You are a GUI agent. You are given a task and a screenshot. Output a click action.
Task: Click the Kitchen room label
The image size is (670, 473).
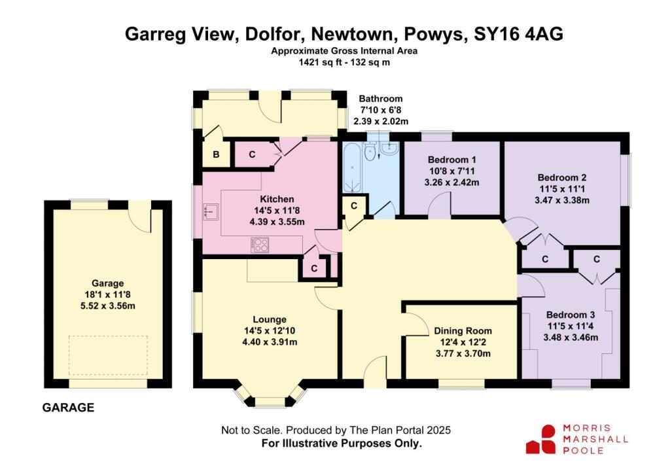277,199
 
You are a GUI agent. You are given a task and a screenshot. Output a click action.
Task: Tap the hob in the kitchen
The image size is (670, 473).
260,245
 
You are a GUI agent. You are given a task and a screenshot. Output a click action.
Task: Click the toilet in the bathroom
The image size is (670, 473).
370,150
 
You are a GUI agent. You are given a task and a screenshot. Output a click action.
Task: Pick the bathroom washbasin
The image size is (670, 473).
389,149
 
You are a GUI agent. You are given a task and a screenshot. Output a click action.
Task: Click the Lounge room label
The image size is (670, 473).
270,319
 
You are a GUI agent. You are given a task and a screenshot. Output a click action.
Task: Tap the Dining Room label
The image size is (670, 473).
463,331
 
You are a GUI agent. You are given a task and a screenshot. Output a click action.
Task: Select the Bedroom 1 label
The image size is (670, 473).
451,160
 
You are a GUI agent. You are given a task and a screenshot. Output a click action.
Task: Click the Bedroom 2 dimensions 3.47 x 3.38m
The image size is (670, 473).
562,200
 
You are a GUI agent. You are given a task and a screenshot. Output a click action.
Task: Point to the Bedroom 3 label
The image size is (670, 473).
571,315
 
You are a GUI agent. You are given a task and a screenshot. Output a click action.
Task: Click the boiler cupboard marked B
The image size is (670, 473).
216,154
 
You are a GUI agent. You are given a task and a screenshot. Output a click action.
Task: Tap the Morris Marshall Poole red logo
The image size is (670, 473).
540,439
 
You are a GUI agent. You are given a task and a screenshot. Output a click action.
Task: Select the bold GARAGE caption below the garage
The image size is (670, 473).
68,408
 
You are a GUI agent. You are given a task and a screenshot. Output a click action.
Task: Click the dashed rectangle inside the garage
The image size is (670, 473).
108,355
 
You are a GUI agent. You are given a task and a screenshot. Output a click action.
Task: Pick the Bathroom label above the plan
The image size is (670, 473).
381,99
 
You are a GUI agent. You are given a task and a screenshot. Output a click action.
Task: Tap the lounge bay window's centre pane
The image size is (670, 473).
270,402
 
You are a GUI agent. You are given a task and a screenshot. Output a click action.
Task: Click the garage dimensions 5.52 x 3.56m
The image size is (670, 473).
108,306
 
